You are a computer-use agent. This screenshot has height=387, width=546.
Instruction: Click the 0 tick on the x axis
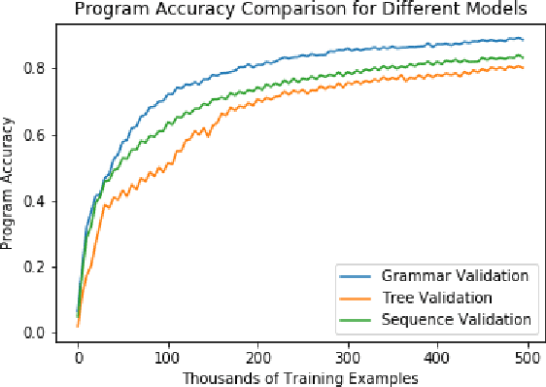[78, 357]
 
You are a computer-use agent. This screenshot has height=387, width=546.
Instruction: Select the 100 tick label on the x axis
[168, 357]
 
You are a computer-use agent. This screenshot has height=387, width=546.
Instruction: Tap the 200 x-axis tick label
[258, 357]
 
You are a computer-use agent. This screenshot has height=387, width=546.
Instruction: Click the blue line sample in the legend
[354, 276]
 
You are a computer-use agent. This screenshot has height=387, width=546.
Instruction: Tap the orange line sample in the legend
[354, 298]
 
